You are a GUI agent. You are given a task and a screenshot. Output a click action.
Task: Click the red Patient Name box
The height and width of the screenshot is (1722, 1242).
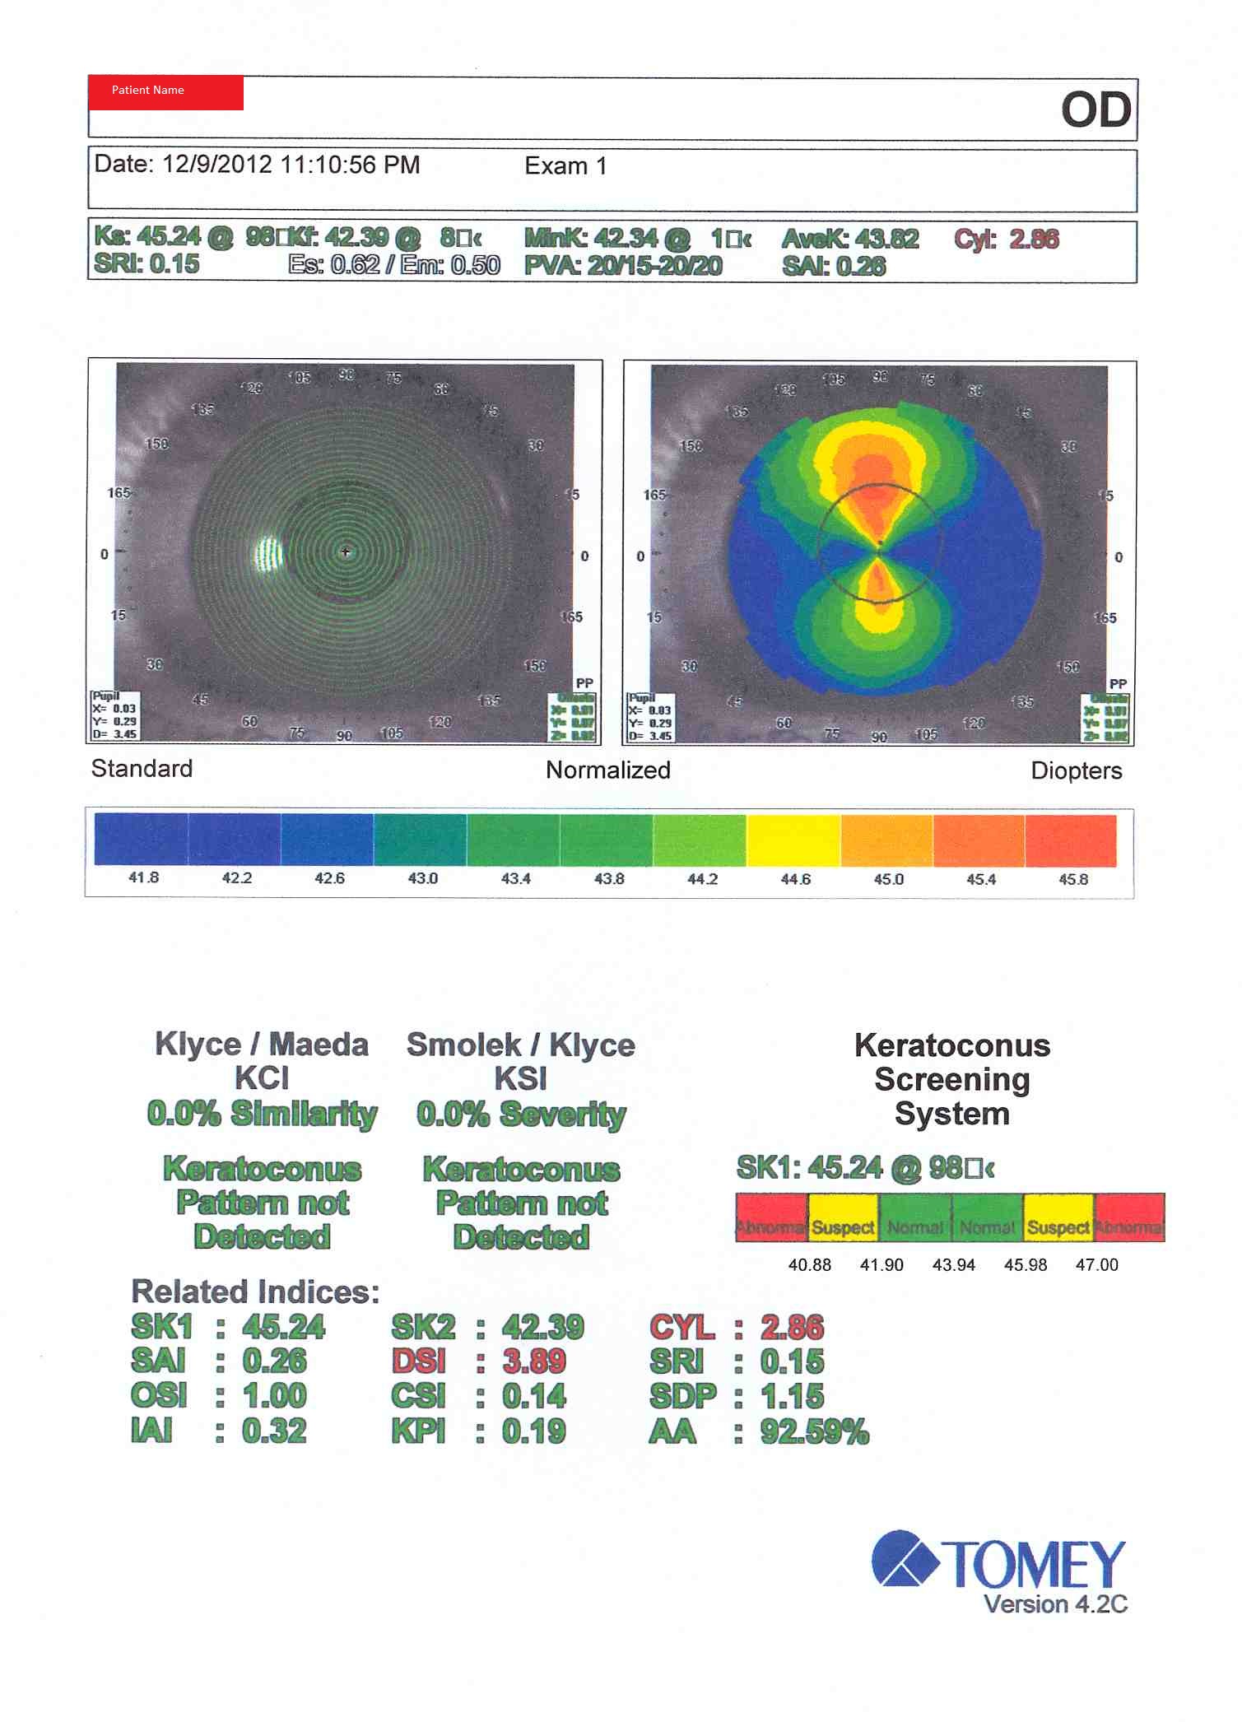(165, 92)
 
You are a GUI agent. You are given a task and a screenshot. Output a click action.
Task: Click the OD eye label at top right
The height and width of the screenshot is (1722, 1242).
(1095, 110)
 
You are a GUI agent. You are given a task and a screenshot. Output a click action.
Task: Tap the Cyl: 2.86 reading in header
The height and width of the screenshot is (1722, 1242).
(1006, 240)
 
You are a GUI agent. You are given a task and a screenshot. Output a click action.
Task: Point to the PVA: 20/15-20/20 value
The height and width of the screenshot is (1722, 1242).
(623, 266)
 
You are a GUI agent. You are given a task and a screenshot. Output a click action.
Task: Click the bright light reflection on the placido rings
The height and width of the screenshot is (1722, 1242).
(267, 554)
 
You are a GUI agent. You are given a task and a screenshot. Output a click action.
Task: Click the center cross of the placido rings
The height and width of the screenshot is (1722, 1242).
(346, 552)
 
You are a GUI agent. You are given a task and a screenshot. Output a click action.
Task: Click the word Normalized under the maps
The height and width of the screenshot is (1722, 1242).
(607, 770)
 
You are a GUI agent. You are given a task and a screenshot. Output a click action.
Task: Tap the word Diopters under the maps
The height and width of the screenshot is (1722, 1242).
(1076, 771)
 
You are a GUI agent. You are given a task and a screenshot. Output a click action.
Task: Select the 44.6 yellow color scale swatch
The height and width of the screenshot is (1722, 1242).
(793, 840)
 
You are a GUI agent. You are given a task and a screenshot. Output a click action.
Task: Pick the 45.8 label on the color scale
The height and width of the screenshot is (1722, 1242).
(1072, 880)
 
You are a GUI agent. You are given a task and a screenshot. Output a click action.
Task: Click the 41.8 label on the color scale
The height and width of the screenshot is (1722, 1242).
(143, 878)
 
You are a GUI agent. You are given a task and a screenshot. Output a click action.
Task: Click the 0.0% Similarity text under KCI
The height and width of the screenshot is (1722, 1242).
(262, 1114)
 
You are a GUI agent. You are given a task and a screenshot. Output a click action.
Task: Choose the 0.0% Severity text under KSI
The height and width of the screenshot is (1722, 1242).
(521, 1115)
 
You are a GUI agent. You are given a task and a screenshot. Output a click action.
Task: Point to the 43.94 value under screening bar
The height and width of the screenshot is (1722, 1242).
(953, 1265)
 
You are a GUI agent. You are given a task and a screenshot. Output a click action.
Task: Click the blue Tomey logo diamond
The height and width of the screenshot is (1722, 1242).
(905, 1558)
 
